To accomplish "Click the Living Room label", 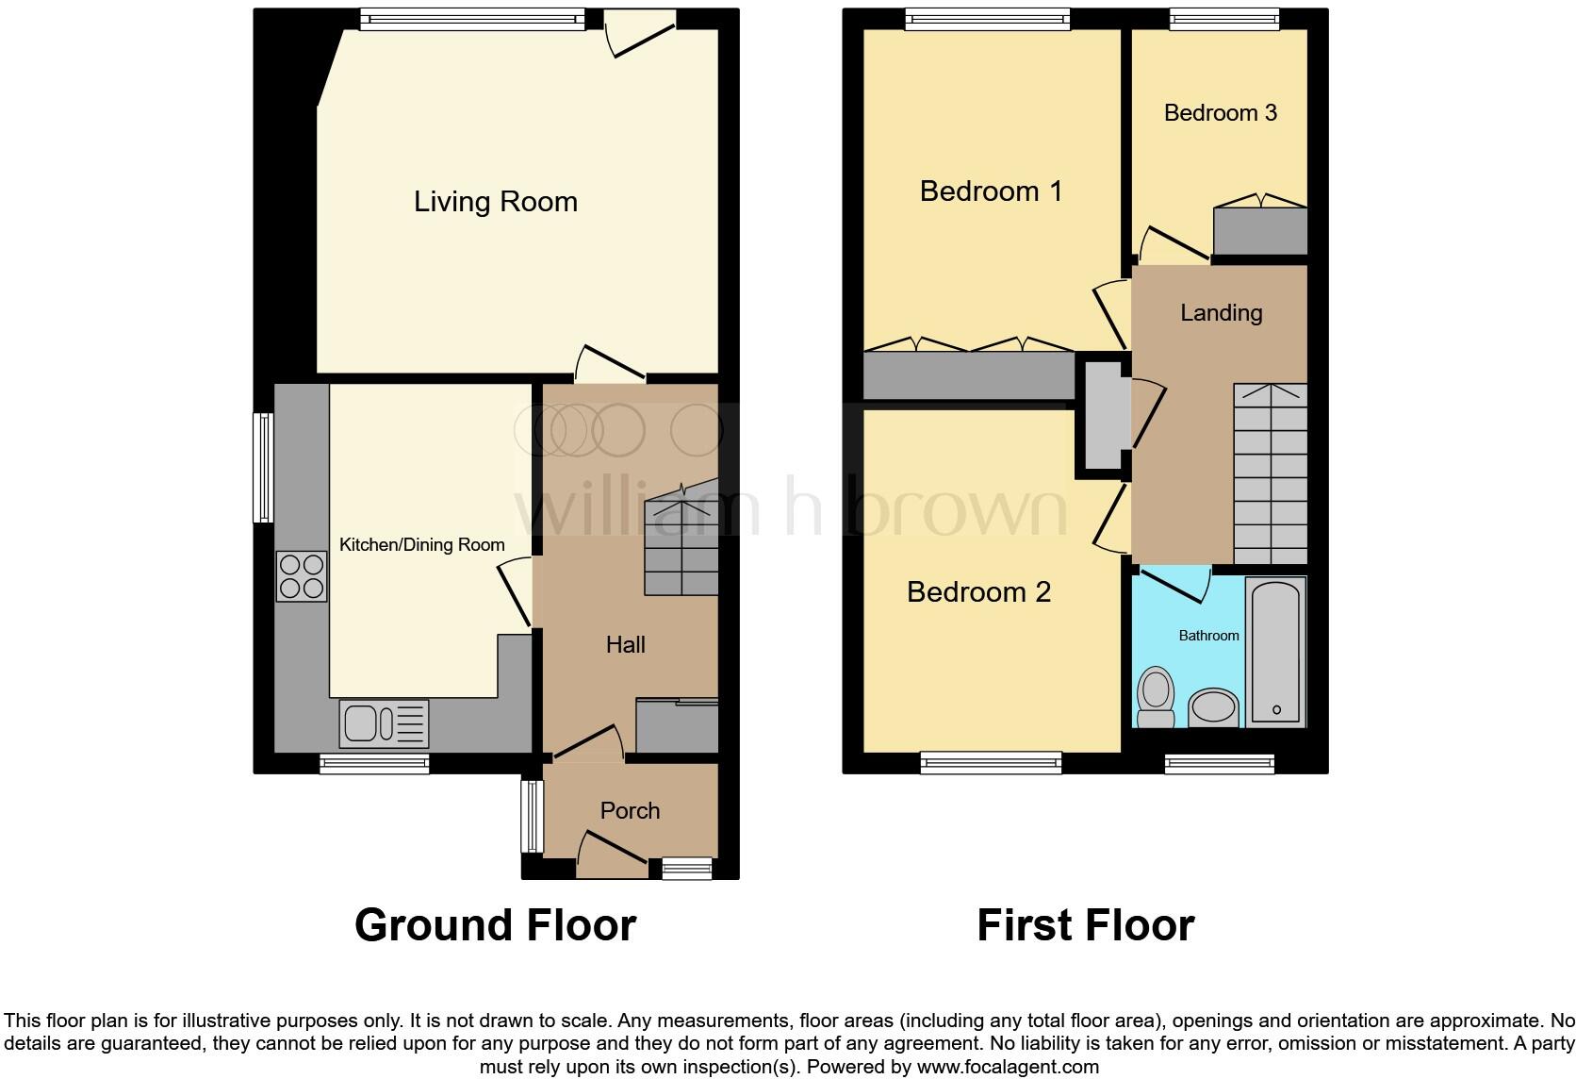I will coord(495,201).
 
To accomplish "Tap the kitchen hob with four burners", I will coord(302,576).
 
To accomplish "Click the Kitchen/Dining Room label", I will coord(421,544).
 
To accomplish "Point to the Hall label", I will coord(625,644).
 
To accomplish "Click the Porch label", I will coord(630,810).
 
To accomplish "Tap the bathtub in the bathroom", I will coord(1275,651).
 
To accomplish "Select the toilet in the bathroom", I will coord(1156,697).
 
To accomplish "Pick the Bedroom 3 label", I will coord(1220,113).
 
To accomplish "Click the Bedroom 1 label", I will coord(991,191).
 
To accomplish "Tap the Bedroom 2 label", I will coord(978,591).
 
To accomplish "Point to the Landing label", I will coord(1221,312).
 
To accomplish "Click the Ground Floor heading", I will coord(495,924).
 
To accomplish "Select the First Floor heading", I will coord(1085,924).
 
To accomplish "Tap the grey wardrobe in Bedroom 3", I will coord(1259,231).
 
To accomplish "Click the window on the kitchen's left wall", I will coord(264,467).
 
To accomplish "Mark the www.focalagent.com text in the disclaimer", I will coord(1007,1067).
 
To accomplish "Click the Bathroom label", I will coord(1208,636).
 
